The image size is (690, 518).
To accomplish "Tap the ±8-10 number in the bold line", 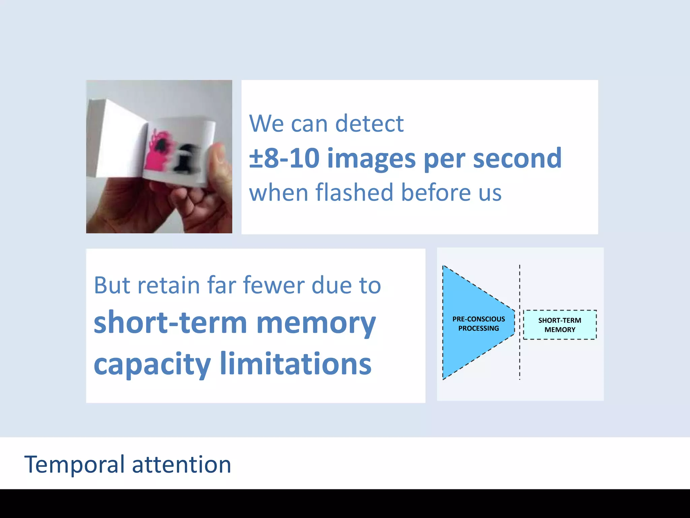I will [284, 158].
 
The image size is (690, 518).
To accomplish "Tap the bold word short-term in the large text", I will [170, 323].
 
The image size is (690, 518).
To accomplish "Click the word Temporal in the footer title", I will [74, 465].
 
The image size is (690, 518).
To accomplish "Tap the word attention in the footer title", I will [182, 465].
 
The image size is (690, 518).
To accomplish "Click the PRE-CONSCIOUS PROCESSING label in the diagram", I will [478, 323].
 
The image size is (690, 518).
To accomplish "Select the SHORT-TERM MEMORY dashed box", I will [560, 325].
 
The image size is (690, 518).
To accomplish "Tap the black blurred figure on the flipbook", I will [186, 157].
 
